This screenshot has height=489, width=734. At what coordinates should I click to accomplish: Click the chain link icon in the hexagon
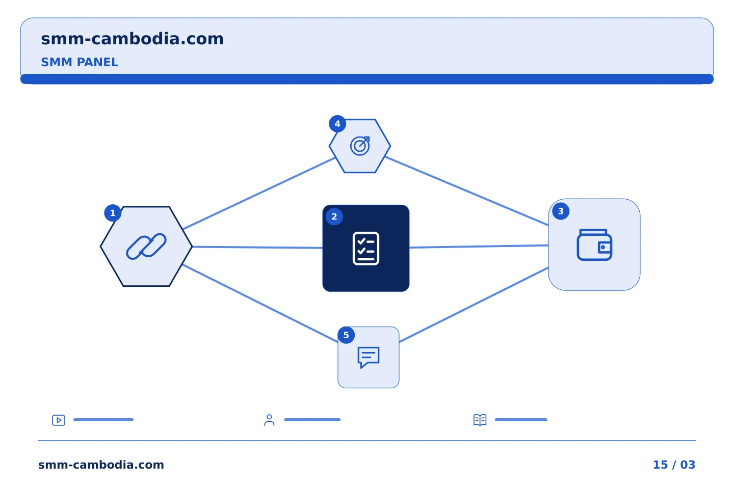coord(146,247)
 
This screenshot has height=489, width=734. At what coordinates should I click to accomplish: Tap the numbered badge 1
coord(113,213)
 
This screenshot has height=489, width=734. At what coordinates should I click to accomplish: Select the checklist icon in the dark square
coord(366,248)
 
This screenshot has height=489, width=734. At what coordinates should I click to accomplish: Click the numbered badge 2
coord(334,216)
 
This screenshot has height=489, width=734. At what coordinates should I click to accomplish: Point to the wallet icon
coord(594,244)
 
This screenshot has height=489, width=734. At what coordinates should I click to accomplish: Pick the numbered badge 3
coord(561,211)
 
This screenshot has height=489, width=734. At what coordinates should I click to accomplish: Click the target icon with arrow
coord(360,146)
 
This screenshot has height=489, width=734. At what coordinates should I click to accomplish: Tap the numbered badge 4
coord(337,124)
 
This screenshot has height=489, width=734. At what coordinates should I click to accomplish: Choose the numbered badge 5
coord(346,335)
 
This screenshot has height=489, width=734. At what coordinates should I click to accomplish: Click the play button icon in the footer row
coord(59,420)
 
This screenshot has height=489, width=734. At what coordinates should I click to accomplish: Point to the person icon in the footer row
coord(269,420)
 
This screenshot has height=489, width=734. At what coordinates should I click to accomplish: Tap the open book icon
coord(480,420)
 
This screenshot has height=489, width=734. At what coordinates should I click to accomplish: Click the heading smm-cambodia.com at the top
coord(132,39)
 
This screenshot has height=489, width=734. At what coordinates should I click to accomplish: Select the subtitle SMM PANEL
coord(80,62)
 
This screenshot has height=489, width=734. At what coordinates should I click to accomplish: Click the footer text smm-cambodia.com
coord(101,465)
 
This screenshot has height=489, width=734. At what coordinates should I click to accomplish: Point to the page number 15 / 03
coord(674,465)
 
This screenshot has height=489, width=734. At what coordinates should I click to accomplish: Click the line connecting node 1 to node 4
coord(259,193)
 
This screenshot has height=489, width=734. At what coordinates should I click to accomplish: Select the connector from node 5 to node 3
coord(474,305)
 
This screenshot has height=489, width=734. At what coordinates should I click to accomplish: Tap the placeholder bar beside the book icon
coord(521,420)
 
